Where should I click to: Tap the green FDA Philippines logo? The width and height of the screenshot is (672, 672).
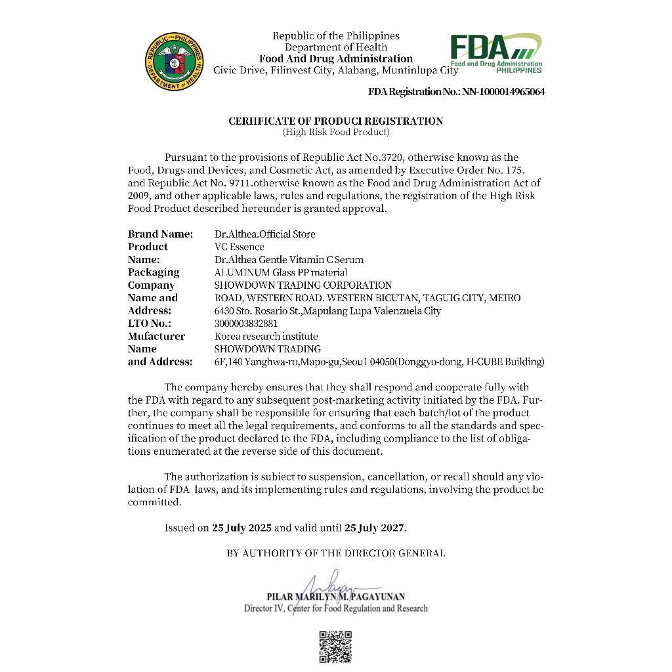[495, 53]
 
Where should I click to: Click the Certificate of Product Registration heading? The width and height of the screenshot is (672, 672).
[335, 121]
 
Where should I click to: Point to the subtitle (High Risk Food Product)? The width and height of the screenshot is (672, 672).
[335, 133]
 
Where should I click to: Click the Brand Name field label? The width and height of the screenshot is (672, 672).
[160, 234]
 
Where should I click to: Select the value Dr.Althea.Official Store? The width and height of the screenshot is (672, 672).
[264, 234]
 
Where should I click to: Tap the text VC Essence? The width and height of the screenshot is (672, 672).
[239, 247]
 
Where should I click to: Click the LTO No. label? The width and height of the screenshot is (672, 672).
[149, 324]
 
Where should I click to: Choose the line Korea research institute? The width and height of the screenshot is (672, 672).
[266, 336]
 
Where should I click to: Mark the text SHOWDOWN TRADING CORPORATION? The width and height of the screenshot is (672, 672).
[303, 285]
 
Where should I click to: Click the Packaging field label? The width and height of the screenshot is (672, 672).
[154, 272]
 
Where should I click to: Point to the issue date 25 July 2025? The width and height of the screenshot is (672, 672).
[241, 528]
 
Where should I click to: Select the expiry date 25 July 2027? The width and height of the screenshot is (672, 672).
[375, 528]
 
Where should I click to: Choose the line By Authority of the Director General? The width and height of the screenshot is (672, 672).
[335, 553]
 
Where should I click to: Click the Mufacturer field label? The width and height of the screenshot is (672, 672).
[156, 336]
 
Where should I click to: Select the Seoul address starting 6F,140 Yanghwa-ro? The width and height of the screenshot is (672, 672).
[379, 362]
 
